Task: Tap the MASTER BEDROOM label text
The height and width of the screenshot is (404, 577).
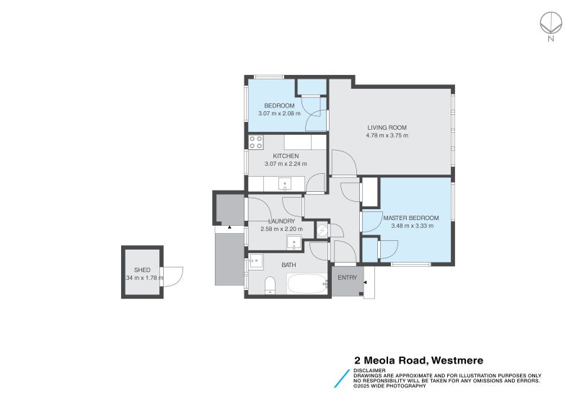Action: click(411, 218)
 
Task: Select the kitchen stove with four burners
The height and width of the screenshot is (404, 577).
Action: click(255, 142)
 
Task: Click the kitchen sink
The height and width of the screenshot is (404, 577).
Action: click(285, 183)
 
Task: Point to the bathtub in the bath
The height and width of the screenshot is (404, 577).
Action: click(308, 284)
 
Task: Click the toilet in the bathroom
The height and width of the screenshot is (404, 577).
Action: click(269, 285)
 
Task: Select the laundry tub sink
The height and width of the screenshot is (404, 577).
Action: click(294, 242)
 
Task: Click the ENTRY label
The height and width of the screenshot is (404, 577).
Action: click(347, 278)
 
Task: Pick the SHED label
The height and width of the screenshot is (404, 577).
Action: click(142, 270)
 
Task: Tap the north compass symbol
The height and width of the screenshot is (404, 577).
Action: click(551, 24)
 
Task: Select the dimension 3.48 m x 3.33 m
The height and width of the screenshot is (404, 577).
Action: click(411, 226)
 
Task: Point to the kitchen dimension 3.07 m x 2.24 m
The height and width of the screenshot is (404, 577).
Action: click(286, 164)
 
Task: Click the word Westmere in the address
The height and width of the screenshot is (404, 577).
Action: click(457, 360)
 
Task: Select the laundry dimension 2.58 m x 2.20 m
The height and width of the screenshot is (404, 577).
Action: click(281, 229)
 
